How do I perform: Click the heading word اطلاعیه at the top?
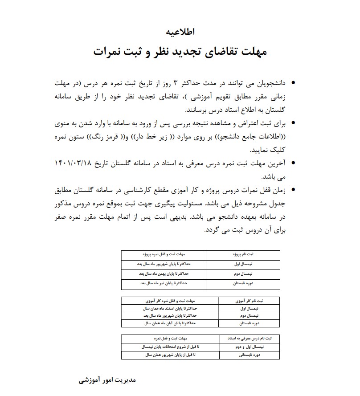point(180,32)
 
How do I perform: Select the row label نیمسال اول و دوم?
point(250,346)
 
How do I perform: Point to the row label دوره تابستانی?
point(250,355)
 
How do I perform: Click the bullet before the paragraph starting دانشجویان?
point(293,83)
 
